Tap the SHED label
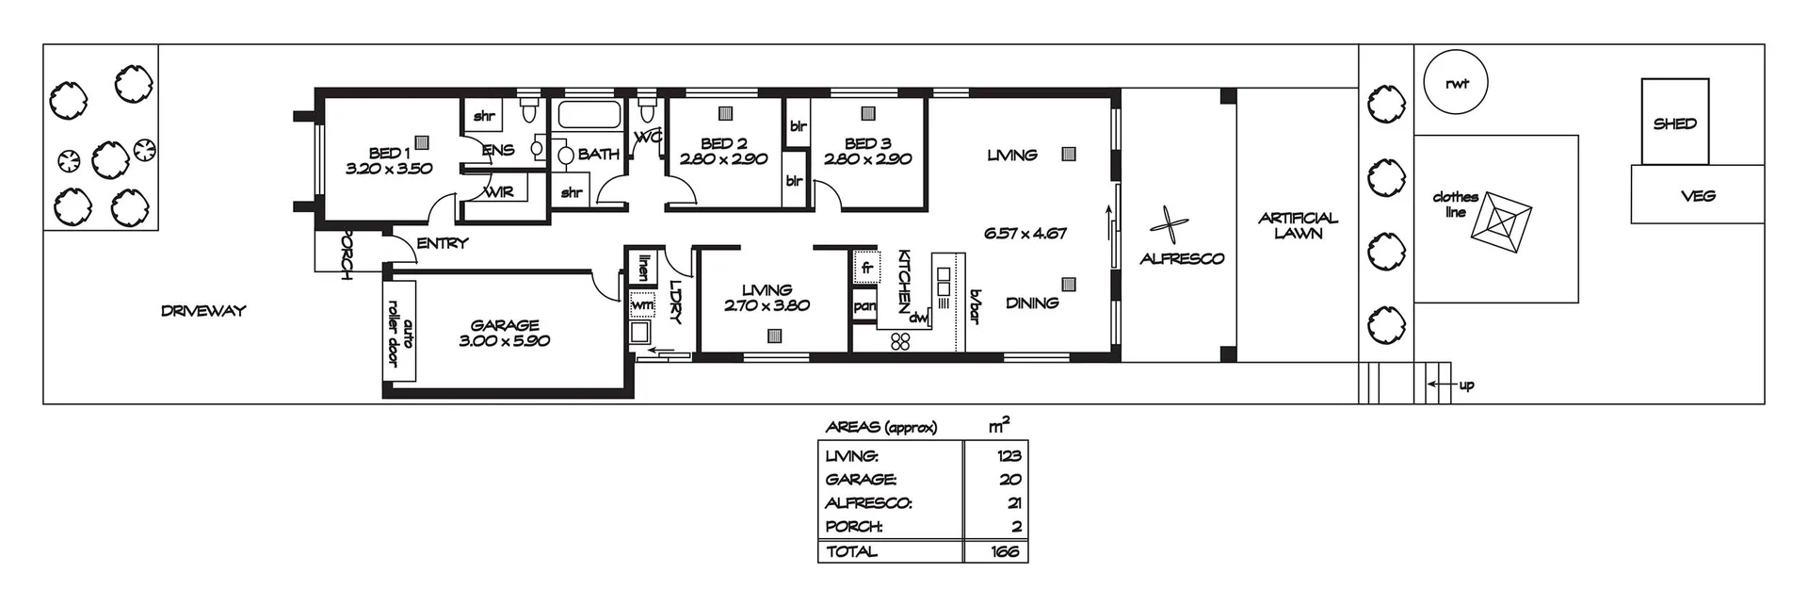(1674, 123)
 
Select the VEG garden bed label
(1697, 196)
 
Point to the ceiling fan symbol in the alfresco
(1169, 226)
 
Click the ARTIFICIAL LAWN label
(1298, 225)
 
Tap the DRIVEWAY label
(202, 310)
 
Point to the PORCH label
(346, 254)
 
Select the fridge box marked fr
(866, 268)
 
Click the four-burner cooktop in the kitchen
(900, 341)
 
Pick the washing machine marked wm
(642, 305)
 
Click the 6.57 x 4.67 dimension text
(1025, 233)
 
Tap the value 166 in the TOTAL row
(1006, 551)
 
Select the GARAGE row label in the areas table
(860, 479)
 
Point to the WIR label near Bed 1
(498, 192)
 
